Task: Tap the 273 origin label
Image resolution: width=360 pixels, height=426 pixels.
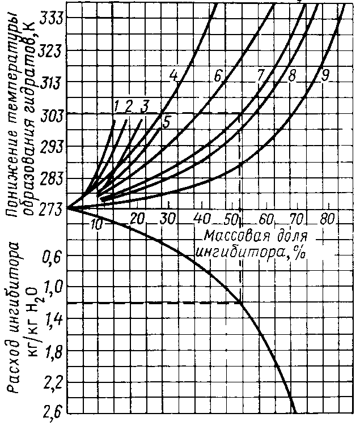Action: click(x=53, y=209)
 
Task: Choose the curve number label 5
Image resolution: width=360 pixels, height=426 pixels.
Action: click(x=167, y=121)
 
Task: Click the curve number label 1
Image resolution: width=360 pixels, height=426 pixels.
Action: click(x=116, y=105)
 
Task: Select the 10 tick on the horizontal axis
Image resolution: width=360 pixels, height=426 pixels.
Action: click(x=97, y=225)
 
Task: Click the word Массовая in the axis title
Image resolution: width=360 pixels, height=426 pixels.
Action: click(x=227, y=235)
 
